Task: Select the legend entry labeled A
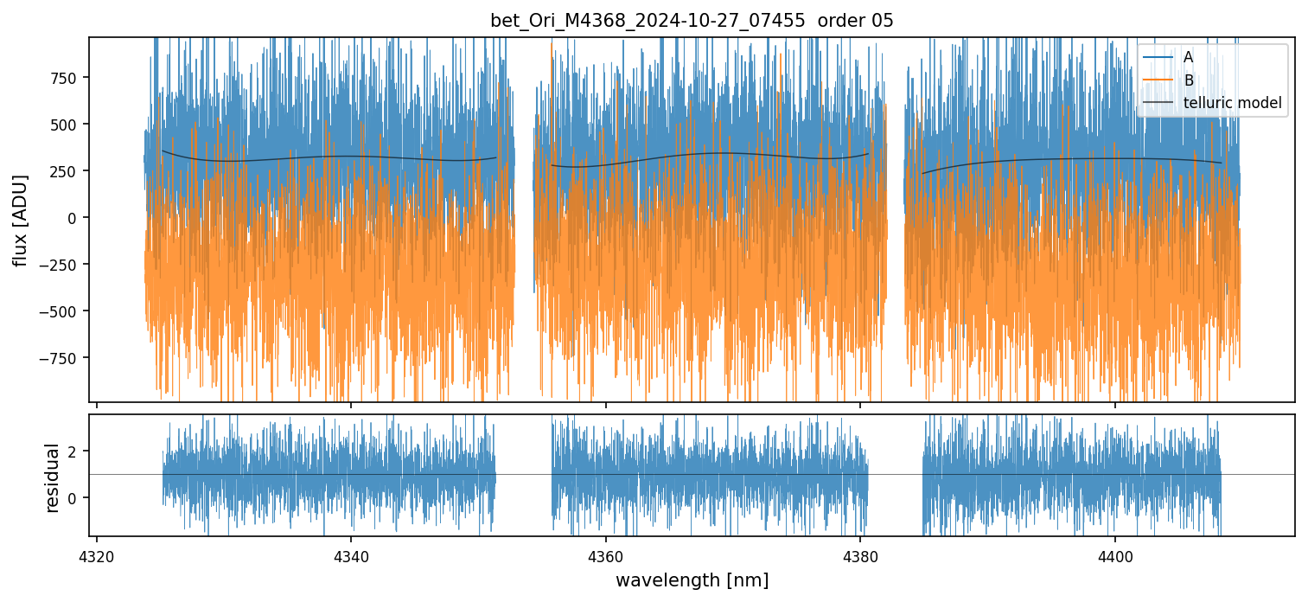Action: (x=1188, y=57)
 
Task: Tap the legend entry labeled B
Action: (x=1188, y=80)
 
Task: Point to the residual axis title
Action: (x=52, y=477)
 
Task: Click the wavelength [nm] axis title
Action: (x=692, y=580)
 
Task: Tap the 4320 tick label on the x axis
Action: (x=96, y=554)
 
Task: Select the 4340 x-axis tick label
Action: (x=351, y=554)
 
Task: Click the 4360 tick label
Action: (x=605, y=554)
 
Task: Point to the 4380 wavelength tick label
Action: (x=860, y=554)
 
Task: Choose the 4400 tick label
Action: (x=1114, y=554)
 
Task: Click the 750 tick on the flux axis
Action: (x=65, y=78)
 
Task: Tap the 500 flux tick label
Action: (x=65, y=125)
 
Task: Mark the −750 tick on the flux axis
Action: (x=61, y=357)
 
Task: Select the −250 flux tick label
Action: (x=61, y=264)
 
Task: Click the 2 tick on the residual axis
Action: (x=73, y=451)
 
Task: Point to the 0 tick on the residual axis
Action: (x=73, y=498)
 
